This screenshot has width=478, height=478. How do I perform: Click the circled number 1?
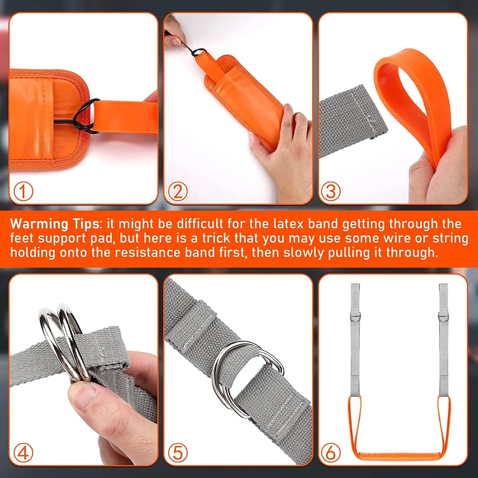[23, 191]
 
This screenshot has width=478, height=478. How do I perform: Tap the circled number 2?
[178, 191]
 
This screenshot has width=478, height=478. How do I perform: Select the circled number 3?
[331, 191]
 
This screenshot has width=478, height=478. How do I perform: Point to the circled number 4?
[23, 453]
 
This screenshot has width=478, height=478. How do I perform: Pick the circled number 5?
[178, 453]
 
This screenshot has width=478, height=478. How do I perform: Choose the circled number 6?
[331, 453]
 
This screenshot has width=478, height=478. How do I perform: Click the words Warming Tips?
[55, 224]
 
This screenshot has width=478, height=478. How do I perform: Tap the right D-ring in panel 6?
[443, 317]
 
